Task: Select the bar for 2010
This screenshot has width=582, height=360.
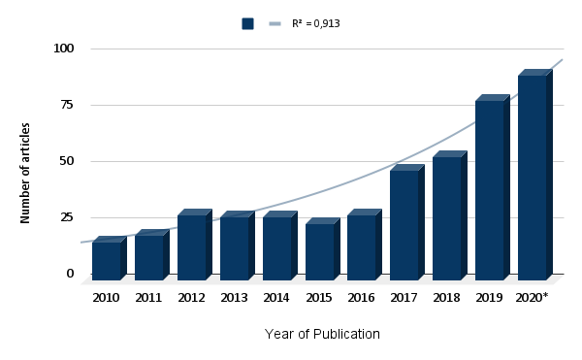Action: pos(110,258)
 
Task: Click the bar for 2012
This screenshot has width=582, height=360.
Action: pos(195,245)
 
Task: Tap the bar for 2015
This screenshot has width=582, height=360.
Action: pos(323,249)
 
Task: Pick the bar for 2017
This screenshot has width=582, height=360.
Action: pos(407,222)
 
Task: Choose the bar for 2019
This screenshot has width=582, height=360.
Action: pos(493,187)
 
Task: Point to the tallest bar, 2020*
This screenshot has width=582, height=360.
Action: pos(535,175)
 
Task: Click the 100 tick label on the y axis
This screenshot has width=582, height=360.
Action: pos(64,49)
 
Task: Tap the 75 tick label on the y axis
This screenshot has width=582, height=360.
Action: pos(67,105)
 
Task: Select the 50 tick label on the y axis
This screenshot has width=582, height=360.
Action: pos(67,161)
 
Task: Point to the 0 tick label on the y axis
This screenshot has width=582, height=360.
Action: pos(71,274)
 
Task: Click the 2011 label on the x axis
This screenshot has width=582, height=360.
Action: pos(148,298)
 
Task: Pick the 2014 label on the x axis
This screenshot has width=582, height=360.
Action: pos(276,298)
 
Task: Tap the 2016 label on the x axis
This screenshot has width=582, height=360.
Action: pos(361,298)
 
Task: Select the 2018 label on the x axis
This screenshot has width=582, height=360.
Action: pos(446,298)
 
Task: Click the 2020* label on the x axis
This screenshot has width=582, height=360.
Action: pos(532,298)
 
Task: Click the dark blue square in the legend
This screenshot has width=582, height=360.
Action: pos(247,23)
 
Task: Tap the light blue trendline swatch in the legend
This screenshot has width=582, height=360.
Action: pos(275,23)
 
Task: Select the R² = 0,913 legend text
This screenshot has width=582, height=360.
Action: pos(316,23)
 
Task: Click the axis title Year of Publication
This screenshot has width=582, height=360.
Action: pos(322,334)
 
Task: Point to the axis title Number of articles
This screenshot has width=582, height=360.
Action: pos(25,173)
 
